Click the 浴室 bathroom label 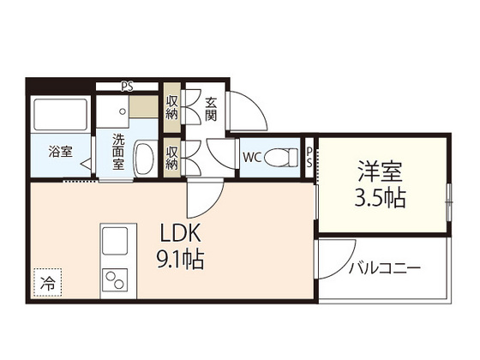59,153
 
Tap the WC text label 253,158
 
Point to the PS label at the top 127,85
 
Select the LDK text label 179,231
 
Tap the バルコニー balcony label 384,268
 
